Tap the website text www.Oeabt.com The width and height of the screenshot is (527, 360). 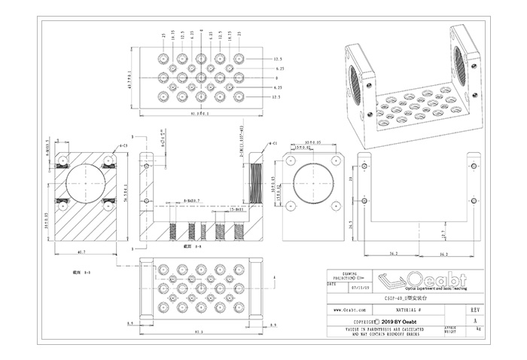click(x=350, y=310)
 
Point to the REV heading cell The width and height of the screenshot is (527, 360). click(x=474, y=310)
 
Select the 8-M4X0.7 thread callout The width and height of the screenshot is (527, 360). click(x=190, y=200)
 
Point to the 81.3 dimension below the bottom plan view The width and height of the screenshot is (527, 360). click(x=198, y=332)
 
